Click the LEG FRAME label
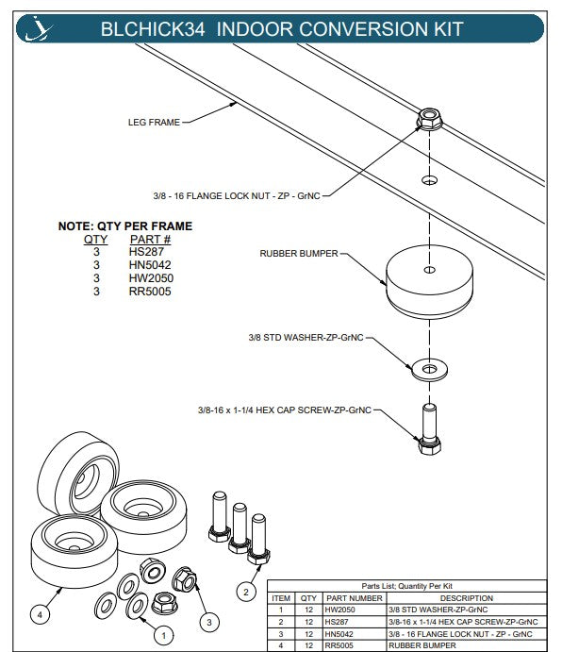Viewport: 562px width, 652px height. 154,123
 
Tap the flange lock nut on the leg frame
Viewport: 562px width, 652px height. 429,119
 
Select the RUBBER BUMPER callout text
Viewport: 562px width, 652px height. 299,253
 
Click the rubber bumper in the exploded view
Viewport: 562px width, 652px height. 429,282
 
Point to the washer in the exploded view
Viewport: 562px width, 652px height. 429,369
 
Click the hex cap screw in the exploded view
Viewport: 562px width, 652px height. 429,429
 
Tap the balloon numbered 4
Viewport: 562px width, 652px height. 40,614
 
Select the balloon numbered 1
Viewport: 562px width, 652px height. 163,635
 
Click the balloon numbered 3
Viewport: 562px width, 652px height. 209,622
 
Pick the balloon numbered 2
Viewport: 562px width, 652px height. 246,592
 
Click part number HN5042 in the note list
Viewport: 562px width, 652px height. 150,265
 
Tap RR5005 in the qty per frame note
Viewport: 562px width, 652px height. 150,292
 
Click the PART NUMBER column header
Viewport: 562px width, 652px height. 355,598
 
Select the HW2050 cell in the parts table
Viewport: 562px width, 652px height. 340,610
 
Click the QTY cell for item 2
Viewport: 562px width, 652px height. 308,622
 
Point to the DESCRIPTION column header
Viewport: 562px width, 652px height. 467,598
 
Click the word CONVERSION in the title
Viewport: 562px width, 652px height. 362,29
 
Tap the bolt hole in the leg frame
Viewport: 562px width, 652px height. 429,180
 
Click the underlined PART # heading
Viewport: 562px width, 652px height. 151,240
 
